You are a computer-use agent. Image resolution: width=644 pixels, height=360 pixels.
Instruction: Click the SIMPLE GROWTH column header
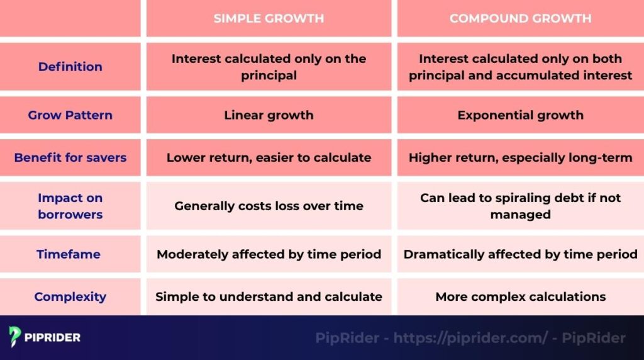coord(269,18)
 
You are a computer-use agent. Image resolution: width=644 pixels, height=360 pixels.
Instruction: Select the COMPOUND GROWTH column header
coord(520,18)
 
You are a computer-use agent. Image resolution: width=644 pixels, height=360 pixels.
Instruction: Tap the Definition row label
coord(70,67)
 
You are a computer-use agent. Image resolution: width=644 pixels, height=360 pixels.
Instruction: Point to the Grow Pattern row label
coord(70,115)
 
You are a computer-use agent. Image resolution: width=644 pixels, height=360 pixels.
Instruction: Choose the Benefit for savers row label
coord(70,157)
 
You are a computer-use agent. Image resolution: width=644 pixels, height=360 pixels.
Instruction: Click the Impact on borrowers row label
coord(70,206)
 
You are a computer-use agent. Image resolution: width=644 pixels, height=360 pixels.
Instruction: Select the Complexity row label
coord(70,296)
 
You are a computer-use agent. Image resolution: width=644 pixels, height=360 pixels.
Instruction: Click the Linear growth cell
coord(269,115)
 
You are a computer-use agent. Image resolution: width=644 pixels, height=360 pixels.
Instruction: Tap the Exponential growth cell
coord(520,115)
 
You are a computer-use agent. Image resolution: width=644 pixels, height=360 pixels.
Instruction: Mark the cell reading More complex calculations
coord(520,296)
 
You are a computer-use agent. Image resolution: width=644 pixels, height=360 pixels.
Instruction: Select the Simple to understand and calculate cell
coord(269,296)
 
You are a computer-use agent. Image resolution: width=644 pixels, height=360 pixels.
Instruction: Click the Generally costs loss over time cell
coord(269,206)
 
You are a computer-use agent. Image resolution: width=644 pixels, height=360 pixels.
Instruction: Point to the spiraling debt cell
coord(520,206)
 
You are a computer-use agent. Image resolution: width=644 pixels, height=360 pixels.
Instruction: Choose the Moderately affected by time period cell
coord(269,254)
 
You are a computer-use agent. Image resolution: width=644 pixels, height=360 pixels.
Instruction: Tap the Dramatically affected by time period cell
coord(520,254)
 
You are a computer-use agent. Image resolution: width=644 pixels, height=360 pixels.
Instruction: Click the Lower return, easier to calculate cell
coord(269,157)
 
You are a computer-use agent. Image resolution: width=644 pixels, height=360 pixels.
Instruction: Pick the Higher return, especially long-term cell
coord(520,157)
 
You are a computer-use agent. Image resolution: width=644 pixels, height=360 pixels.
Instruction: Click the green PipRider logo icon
coord(15,337)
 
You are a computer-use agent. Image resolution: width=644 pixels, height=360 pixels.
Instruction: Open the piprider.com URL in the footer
coord(470,338)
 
